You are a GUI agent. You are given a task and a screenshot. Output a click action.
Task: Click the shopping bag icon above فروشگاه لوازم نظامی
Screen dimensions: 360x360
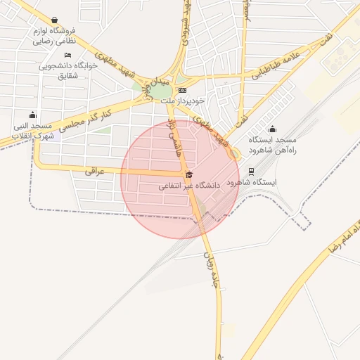(x=55, y=20)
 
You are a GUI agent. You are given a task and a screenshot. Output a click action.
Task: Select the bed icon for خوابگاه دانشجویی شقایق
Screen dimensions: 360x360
(x=67, y=55)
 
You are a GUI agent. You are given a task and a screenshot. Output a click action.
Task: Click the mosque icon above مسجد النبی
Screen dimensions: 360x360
(x=32, y=115)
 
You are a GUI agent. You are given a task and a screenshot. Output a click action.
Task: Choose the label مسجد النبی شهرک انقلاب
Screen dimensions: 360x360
(x=32, y=131)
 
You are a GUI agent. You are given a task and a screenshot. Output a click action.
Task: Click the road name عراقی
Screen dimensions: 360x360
(x=94, y=170)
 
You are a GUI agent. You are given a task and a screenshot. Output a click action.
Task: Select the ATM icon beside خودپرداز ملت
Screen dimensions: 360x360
(x=182, y=91)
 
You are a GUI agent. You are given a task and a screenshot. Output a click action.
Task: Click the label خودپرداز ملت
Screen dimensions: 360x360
(x=182, y=103)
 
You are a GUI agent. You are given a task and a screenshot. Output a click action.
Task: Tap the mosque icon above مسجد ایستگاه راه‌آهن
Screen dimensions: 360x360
(x=273, y=129)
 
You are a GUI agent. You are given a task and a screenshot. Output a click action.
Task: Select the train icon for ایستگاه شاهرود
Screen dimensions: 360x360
(x=252, y=170)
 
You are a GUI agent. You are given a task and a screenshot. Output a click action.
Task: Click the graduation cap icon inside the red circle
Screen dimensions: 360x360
(x=188, y=174)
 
